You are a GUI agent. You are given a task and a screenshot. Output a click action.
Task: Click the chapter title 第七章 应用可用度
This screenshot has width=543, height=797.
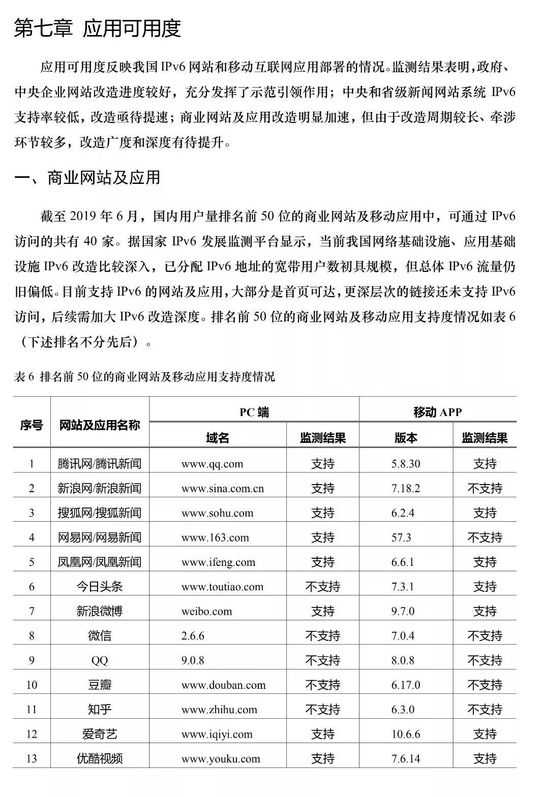(x=97, y=29)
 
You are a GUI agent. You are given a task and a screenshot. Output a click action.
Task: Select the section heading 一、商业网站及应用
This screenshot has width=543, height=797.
(x=87, y=177)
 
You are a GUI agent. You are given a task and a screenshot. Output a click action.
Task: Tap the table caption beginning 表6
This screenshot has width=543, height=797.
(x=145, y=376)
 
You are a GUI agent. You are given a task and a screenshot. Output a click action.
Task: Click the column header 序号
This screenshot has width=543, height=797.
(x=32, y=425)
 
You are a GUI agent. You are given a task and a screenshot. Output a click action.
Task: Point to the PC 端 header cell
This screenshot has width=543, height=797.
(x=254, y=412)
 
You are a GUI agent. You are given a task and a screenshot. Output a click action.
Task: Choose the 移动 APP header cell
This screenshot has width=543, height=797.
(x=437, y=412)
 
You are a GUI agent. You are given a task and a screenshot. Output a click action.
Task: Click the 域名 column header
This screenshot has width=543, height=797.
(x=218, y=438)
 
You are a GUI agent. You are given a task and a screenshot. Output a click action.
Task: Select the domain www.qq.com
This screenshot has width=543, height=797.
(x=212, y=464)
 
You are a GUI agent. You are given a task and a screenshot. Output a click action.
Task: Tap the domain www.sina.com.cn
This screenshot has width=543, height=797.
(x=223, y=489)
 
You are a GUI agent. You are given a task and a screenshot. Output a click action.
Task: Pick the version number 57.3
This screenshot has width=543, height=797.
(x=401, y=537)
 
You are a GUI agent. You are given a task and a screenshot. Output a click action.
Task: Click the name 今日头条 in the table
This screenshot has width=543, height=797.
(x=100, y=587)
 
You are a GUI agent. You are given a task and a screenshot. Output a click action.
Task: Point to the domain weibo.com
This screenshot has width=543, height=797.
(x=206, y=611)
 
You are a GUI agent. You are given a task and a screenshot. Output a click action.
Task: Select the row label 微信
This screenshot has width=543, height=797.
(x=100, y=636)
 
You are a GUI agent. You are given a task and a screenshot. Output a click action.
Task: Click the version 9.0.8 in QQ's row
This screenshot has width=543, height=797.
(x=193, y=660)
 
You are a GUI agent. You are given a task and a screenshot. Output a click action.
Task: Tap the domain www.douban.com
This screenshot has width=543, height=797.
(x=223, y=685)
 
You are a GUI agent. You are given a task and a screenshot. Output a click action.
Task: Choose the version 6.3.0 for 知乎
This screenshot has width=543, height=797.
(x=403, y=710)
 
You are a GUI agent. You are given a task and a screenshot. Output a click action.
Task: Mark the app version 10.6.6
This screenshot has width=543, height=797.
(x=406, y=734)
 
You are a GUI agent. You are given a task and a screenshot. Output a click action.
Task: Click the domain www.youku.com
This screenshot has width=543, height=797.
(x=221, y=759)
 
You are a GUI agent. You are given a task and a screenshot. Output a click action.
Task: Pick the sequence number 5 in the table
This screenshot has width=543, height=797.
(x=32, y=562)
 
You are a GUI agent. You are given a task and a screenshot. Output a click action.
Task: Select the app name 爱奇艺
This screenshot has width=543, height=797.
(x=100, y=734)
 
